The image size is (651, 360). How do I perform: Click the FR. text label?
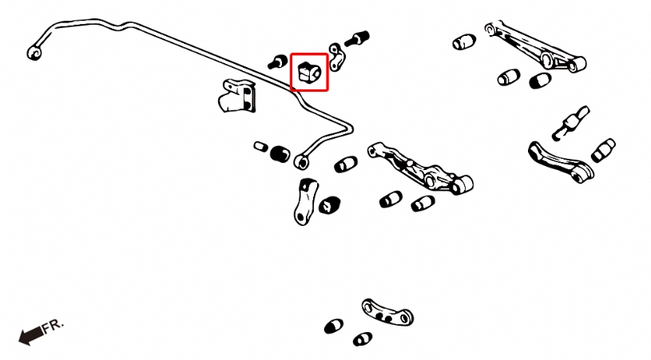(x=54, y=325)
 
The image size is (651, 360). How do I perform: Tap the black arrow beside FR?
(x=31, y=335)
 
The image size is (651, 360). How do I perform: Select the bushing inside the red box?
(x=310, y=72)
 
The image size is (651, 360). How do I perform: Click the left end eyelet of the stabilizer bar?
(x=34, y=53)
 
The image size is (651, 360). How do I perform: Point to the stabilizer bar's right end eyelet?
(x=301, y=162)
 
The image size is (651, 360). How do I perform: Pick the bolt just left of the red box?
(x=277, y=61)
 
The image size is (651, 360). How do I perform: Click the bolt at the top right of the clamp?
(x=356, y=38)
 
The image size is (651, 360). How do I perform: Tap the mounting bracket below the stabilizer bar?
(x=236, y=96)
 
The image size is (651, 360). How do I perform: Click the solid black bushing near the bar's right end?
(x=280, y=154)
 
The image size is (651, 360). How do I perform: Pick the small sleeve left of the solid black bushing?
(x=260, y=146)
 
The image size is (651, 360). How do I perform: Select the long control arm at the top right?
(x=534, y=46)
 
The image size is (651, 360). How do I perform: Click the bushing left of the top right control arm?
(x=464, y=42)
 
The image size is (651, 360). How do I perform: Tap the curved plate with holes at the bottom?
(x=387, y=313)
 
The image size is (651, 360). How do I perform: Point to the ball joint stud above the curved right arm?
(x=570, y=123)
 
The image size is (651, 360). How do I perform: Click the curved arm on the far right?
(x=561, y=162)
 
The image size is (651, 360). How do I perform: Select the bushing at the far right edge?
(x=603, y=151)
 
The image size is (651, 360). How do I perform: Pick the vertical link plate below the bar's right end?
(x=306, y=202)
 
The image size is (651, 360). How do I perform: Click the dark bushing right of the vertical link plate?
(x=330, y=205)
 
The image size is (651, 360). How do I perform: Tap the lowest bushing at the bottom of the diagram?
(x=363, y=339)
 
